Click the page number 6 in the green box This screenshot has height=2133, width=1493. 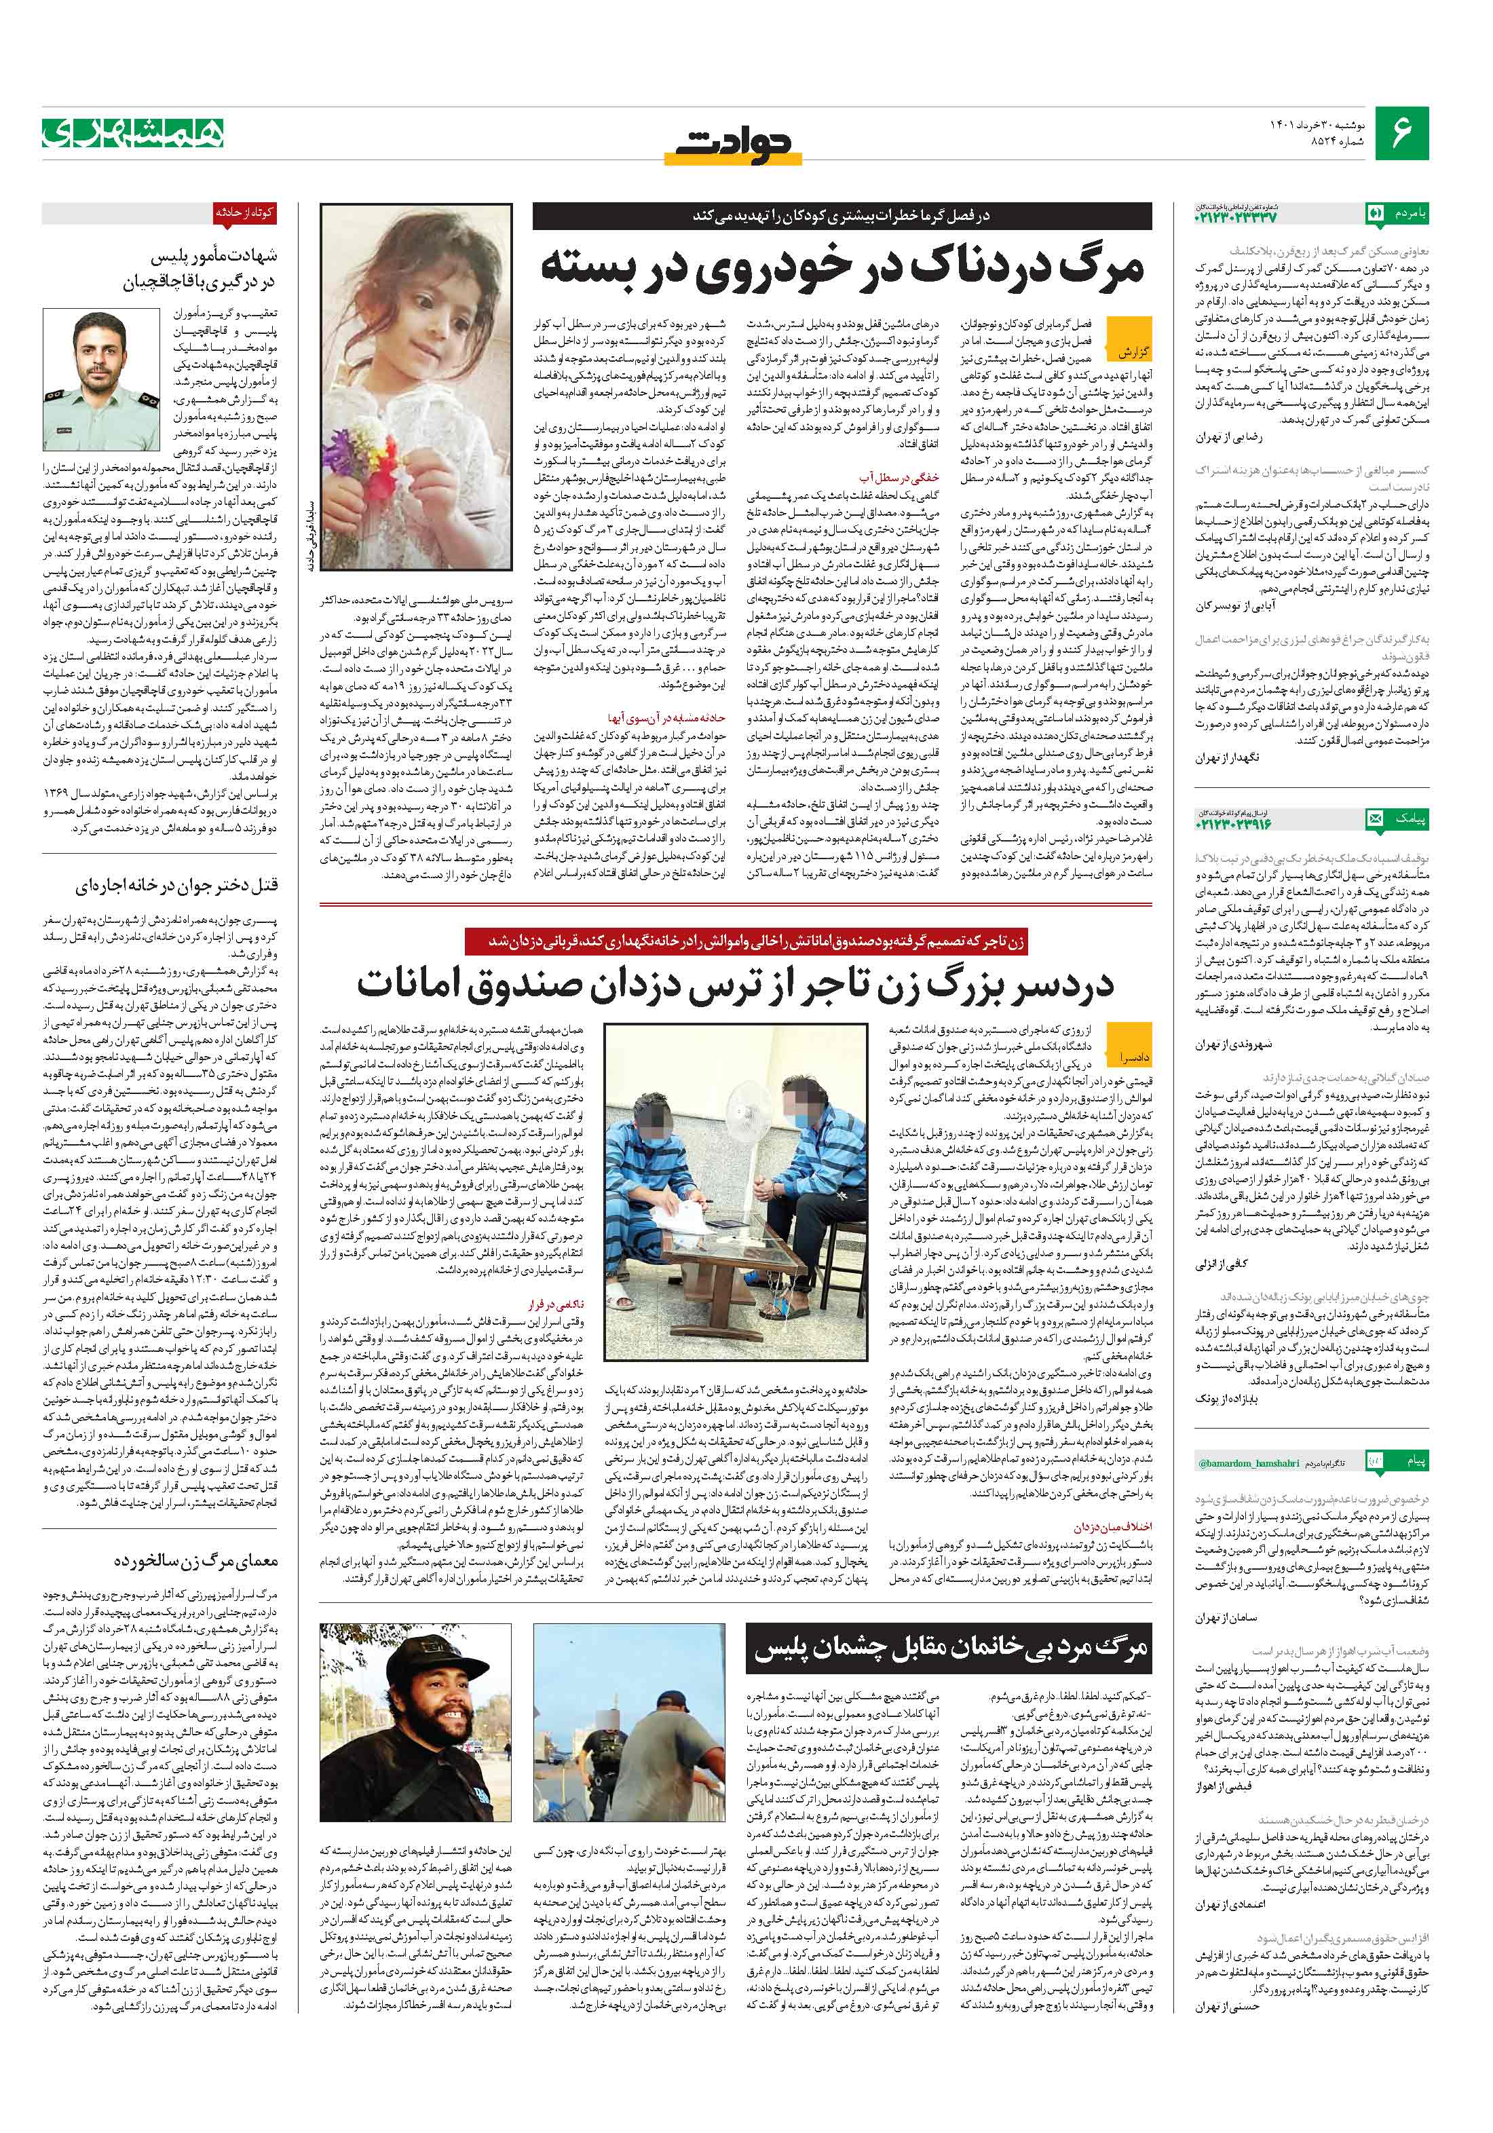pyautogui.click(x=1400, y=134)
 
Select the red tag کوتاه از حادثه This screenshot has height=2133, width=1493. pyautogui.click(x=244, y=212)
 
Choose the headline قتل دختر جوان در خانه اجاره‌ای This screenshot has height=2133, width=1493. pyautogui.click(x=176, y=884)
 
